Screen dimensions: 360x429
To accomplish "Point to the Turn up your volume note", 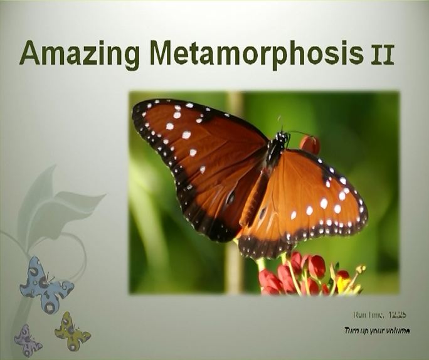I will coord(377,330).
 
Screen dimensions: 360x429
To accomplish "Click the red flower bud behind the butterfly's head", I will coord(310,144).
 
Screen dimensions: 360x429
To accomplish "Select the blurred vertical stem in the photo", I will coord(234,263).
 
